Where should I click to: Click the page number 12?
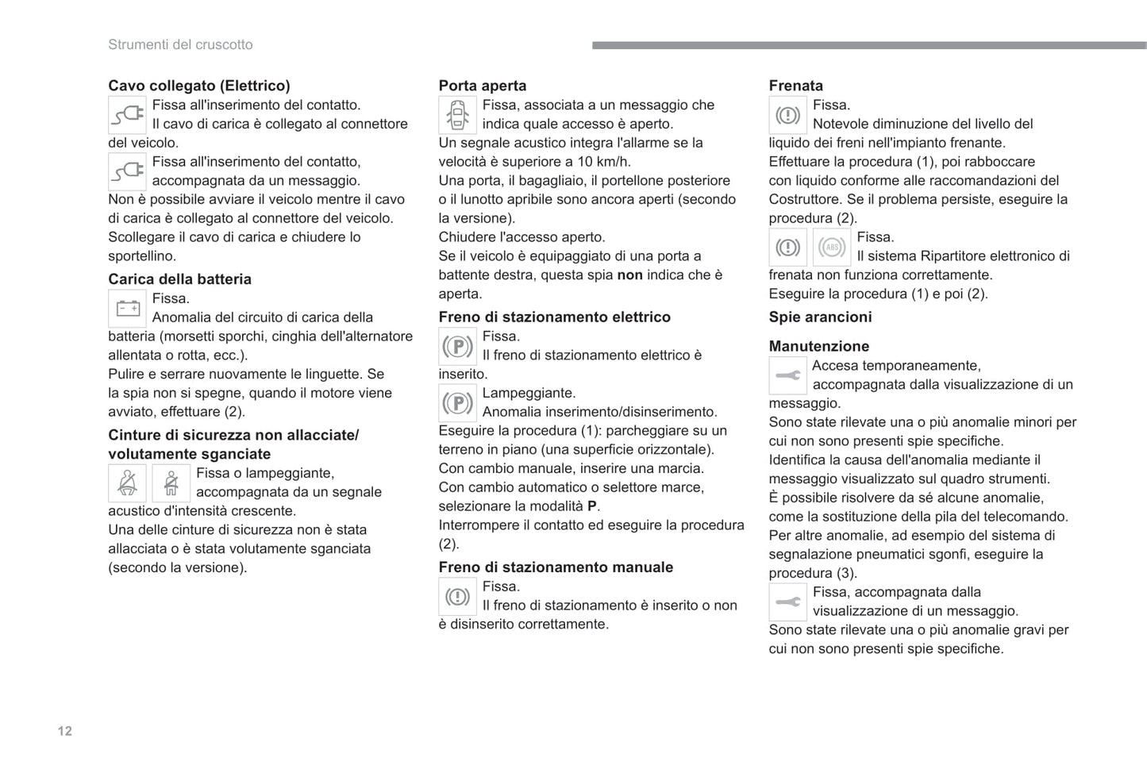[65, 731]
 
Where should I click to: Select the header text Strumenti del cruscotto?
[180, 44]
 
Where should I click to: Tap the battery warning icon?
[127, 309]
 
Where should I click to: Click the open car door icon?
[457, 115]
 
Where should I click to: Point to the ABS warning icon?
[831, 248]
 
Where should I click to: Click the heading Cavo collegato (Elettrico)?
[199, 86]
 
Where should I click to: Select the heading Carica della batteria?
[179, 279]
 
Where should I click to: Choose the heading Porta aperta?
[483, 86]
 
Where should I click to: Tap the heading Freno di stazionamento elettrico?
[554, 317]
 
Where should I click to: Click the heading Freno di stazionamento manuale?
[556, 567]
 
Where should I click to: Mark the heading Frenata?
[795, 86]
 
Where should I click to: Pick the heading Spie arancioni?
[820, 317]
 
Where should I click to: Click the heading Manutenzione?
[818, 347]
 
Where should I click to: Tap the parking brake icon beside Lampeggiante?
[457, 403]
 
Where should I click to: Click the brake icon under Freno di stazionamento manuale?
[457, 597]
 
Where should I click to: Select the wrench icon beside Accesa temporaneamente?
[787, 375]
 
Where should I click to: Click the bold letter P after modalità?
[592, 506]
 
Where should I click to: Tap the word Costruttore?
[805, 200]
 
